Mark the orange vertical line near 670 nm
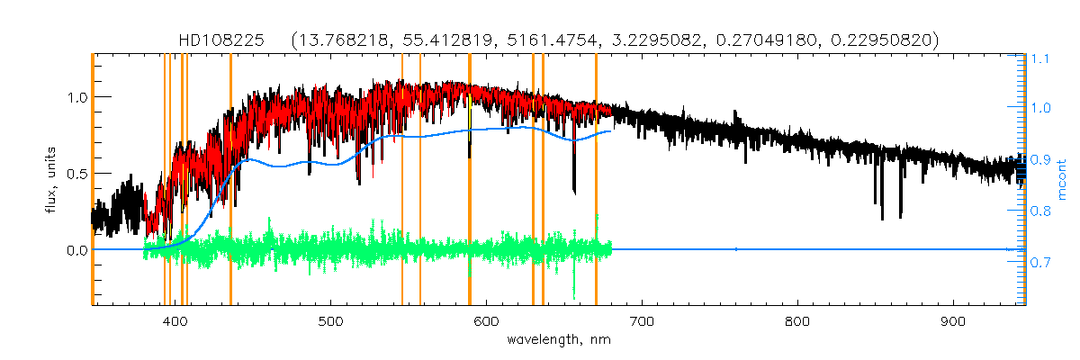(x=596, y=180)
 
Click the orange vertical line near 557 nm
(x=420, y=180)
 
